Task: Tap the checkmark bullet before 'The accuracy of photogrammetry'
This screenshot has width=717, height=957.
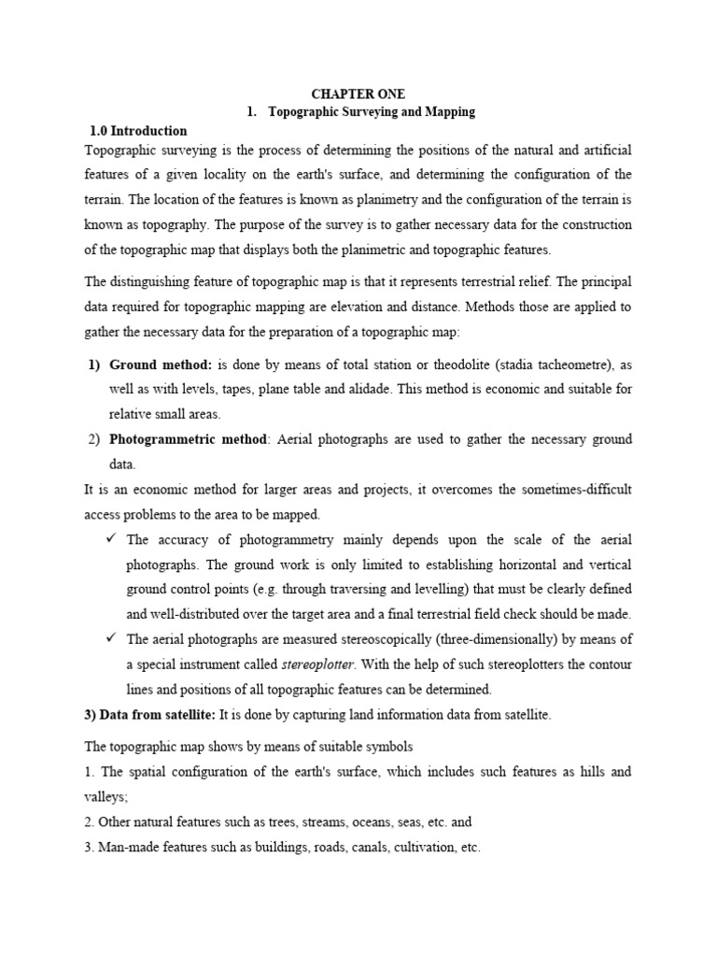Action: click(x=110, y=539)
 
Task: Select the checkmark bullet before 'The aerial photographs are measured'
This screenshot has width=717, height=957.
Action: click(x=110, y=639)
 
